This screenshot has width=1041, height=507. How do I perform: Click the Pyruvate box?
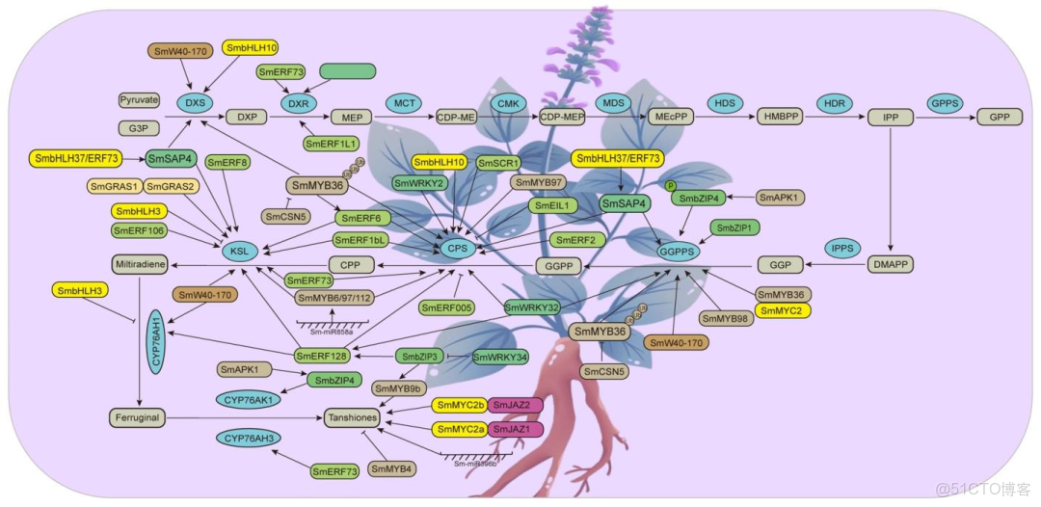click(139, 99)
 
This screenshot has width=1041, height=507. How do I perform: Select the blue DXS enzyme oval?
click(194, 102)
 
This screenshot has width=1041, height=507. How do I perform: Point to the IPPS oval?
click(843, 248)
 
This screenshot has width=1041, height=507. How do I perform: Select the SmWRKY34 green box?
click(500, 358)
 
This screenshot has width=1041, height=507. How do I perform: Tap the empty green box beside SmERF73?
click(347, 71)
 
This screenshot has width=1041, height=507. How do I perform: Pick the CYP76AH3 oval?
click(248, 440)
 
